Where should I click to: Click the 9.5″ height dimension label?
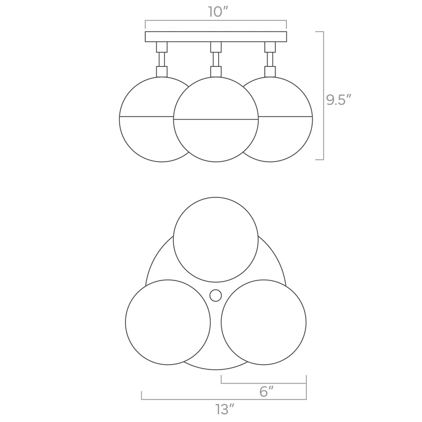pyautogui.click(x=339, y=100)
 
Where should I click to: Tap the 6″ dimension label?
pyautogui.click(x=266, y=392)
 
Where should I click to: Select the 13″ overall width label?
pyautogui.click(x=225, y=409)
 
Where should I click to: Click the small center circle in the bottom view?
pyautogui.click(x=216, y=295)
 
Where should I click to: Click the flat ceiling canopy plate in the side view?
pyautogui.click(x=216, y=37)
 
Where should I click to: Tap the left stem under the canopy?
pyautogui.click(x=162, y=60)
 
